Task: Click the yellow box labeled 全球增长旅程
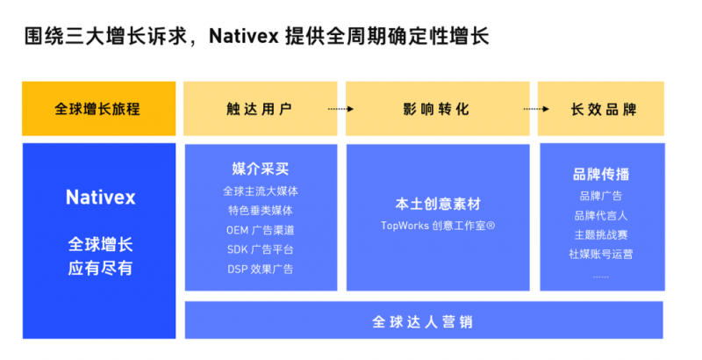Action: coord(98,109)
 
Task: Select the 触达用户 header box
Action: coord(259,109)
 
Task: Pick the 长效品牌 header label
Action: coord(603,109)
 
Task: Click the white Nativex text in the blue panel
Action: coord(100,198)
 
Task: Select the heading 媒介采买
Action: coord(260,169)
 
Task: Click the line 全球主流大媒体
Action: coord(260,191)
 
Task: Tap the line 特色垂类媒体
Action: coord(260,210)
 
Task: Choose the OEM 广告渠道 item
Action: coord(260,230)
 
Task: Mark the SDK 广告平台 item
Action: coord(260,249)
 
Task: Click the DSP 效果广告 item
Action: coord(260,269)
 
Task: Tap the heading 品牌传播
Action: coord(601,174)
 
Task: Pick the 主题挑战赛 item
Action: coord(601,234)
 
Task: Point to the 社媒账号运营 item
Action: coord(601,255)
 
